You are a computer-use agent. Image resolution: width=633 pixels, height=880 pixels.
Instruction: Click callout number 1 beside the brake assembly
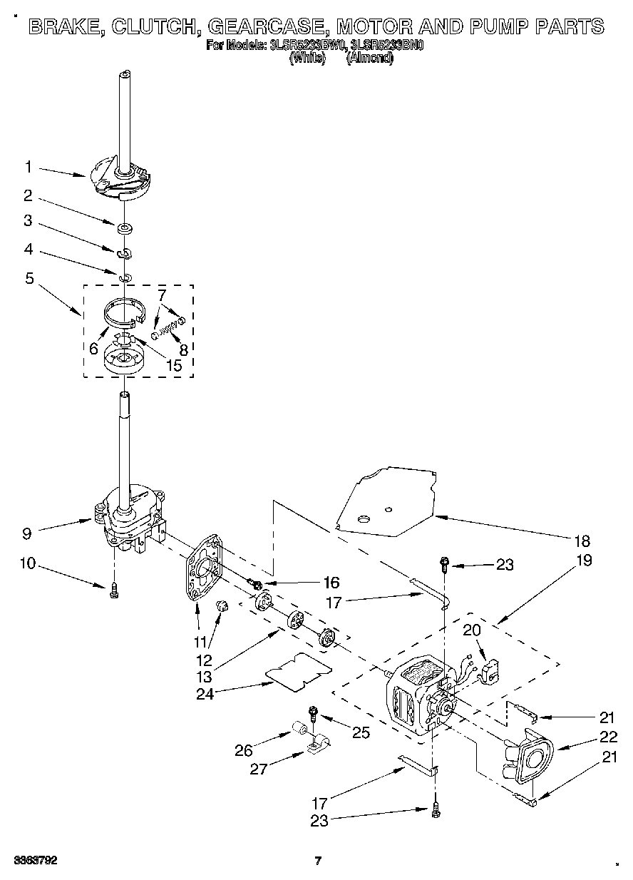tap(29, 167)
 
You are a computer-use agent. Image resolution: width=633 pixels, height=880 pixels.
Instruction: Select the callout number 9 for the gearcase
tap(28, 531)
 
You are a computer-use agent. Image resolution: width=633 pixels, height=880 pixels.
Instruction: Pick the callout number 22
tap(608, 737)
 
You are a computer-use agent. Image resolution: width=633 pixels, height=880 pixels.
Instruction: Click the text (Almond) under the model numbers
tap(369, 58)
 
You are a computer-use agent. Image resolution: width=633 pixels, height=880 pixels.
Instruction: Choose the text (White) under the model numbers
tap(307, 58)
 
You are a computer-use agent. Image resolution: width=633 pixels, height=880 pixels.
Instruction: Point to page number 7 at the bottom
tap(319, 861)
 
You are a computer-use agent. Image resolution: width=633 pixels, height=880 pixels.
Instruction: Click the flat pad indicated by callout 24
tap(298, 671)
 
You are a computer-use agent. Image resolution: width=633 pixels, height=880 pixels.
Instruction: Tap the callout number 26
tap(243, 750)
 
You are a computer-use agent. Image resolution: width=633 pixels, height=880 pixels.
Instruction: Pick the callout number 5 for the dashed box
tap(29, 279)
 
